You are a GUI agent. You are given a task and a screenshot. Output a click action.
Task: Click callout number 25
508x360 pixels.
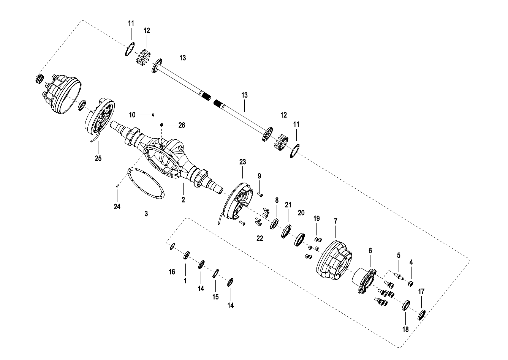pyautogui.click(x=98, y=158)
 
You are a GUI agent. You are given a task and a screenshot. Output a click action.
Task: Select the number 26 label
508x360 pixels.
pyautogui.click(x=182, y=125)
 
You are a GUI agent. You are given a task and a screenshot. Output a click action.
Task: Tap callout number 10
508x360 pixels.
pyautogui.click(x=132, y=115)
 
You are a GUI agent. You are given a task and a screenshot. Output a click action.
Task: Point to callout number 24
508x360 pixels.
pyautogui.click(x=117, y=207)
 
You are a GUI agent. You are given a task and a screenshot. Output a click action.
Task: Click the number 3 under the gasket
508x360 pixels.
pyautogui.click(x=146, y=213)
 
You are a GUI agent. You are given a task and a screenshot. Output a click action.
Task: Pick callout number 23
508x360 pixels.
pyautogui.click(x=243, y=162)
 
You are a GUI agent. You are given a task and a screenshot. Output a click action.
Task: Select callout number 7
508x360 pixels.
pyautogui.click(x=336, y=221)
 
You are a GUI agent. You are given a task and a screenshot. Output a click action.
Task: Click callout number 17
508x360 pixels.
pyautogui.click(x=421, y=292)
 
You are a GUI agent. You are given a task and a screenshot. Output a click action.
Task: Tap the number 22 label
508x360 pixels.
pyautogui.click(x=260, y=238)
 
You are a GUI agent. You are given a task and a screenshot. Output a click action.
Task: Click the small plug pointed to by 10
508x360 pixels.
pyautogui.click(x=153, y=115)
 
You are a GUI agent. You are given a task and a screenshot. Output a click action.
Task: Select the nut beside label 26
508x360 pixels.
pyautogui.click(x=162, y=125)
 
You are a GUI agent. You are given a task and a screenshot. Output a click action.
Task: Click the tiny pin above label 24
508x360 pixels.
pyautogui.click(x=118, y=186)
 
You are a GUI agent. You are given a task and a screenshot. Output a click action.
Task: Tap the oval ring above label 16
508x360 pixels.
pyautogui.click(x=172, y=246)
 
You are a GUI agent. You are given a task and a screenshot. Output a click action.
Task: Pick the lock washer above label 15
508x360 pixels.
pyautogui.click(x=216, y=273)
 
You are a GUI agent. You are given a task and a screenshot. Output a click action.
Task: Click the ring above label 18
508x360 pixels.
pyautogui.click(x=406, y=305)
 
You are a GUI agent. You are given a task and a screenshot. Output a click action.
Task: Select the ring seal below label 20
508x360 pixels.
pyautogui.click(x=299, y=239)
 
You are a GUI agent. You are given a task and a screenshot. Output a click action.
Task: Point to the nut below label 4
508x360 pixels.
pyautogui.click(x=411, y=283)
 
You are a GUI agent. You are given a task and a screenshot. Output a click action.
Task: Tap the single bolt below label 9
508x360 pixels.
pyautogui.click(x=260, y=194)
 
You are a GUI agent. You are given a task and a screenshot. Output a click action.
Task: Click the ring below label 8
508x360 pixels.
pyautogui.click(x=274, y=224)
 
